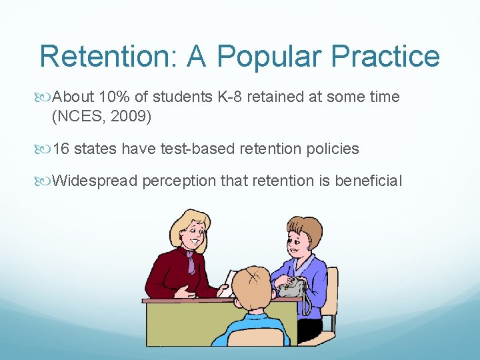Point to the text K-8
[231, 97]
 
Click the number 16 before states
[61, 149]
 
